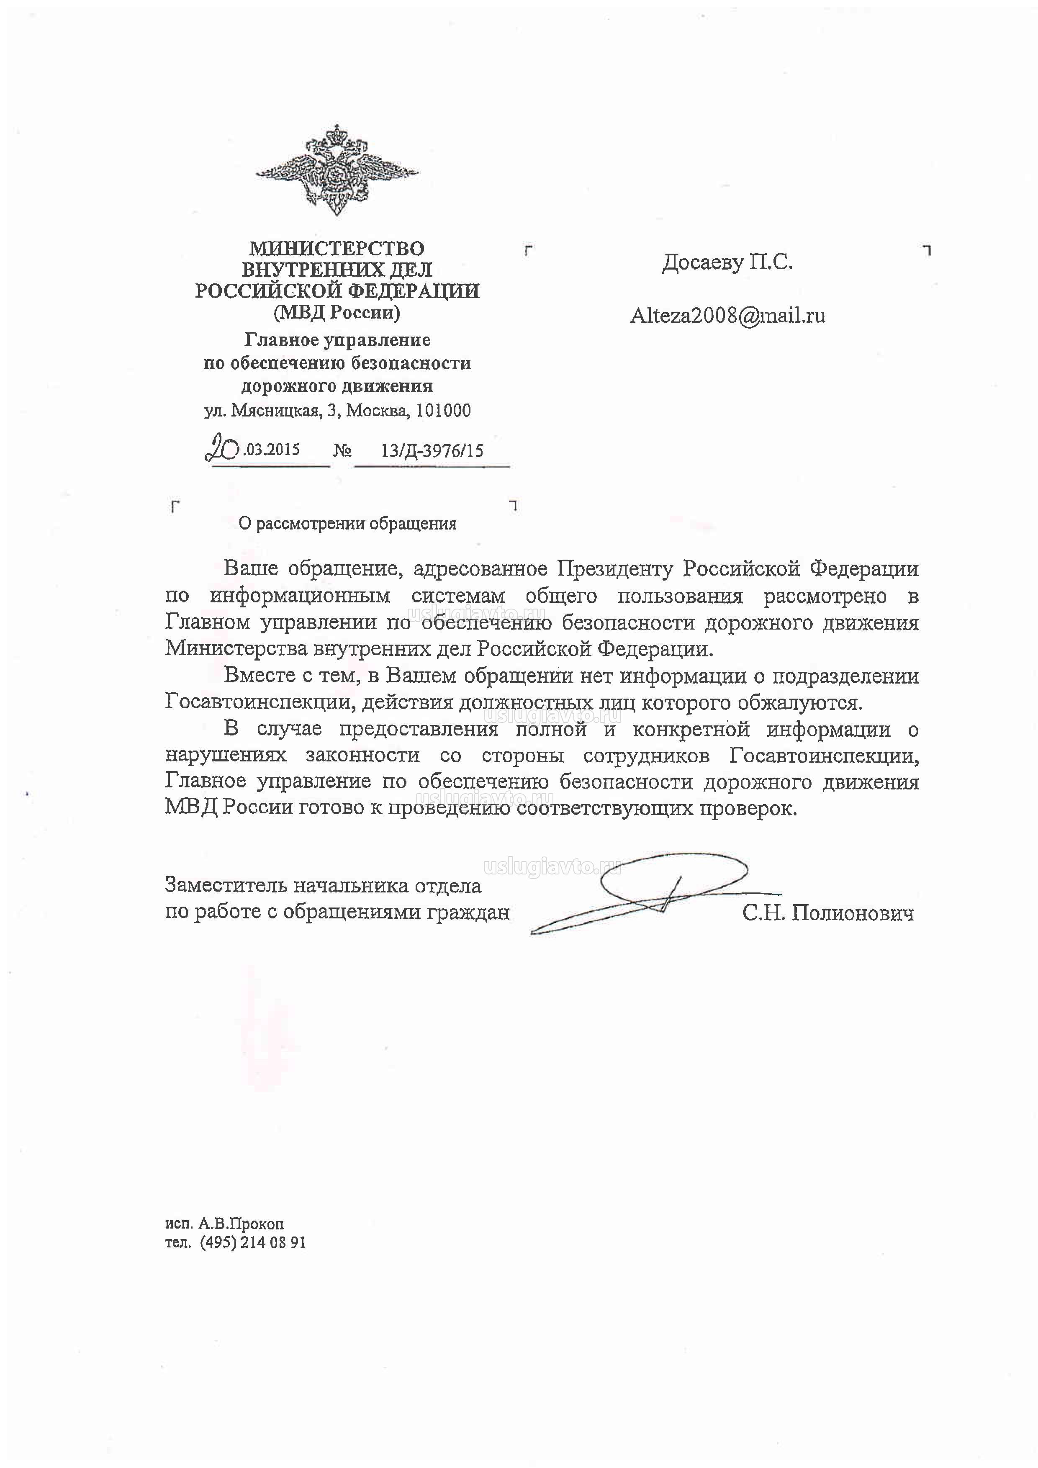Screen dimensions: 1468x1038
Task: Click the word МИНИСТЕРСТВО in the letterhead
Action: [x=337, y=248]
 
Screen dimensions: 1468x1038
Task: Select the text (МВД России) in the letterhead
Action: [x=337, y=313]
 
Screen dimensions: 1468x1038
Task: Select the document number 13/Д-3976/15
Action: [x=432, y=451]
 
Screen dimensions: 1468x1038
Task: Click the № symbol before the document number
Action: [x=343, y=451]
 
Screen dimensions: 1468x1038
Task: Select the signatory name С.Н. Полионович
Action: [x=828, y=913]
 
